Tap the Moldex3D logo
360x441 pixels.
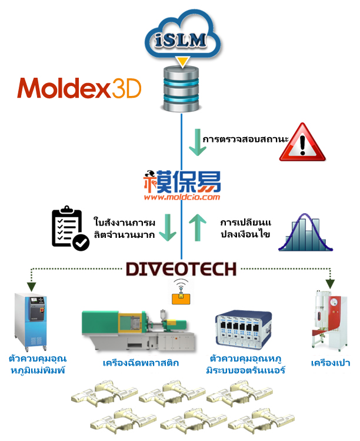pyautogui.click(x=79, y=88)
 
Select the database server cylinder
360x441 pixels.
pyautogui.click(x=181, y=89)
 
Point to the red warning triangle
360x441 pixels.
pyautogui.click(x=302, y=142)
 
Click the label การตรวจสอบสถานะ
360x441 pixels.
pyautogui.click(x=245, y=139)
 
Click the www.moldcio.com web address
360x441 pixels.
pyautogui.click(x=182, y=197)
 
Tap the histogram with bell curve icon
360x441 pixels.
pyautogui.click(x=305, y=233)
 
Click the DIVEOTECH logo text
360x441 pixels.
pyautogui.click(x=181, y=269)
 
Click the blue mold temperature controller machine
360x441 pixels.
pyautogui.click(x=31, y=321)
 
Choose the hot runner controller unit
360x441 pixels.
pyautogui.click(x=244, y=330)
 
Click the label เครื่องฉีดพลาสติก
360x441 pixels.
pyautogui.click(x=141, y=363)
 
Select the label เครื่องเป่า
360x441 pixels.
pyautogui.click(x=331, y=363)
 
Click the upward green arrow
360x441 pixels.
pyautogui.click(x=197, y=227)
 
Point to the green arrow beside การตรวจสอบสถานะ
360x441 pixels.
pyautogui.click(x=198, y=142)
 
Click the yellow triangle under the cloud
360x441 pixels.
pyautogui.click(x=182, y=62)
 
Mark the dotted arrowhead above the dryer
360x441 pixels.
pyautogui.click(x=330, y=284)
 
